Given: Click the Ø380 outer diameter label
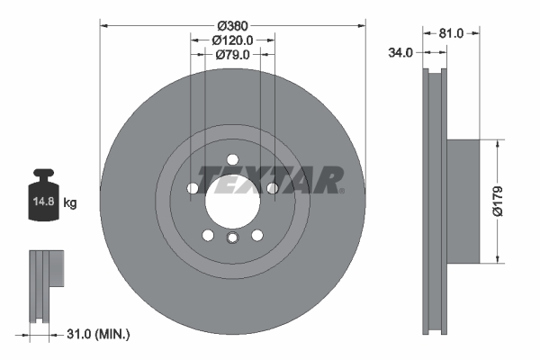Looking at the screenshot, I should pyautogui.click(x=232, y=25).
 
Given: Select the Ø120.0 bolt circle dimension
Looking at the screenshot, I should pyautogui.click(x=232, y=40).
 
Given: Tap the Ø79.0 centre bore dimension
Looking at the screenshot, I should pyautogui.click(x=232, y=55).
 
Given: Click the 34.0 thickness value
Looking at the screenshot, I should pyautogui.click(x=400, y=53).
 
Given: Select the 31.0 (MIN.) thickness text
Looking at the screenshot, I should pyautogui.click(x=98, y=335).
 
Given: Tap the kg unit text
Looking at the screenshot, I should pyautogui.click(x=70, y=203).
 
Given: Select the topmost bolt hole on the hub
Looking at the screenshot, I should pyautogui.click(x=232, y=159).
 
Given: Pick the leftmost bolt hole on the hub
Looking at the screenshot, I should pyautogui.click(x=193, y=188).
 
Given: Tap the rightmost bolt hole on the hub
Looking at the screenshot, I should pyautogui.click(x=272, y=188).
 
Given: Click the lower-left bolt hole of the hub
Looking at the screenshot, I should pyautogui.click(x=208, y=235).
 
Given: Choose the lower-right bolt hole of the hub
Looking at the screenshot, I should pyautogui.click(x=256, y=235).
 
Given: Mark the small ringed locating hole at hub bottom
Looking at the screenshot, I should pyautogui.click(x=232, y=238).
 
